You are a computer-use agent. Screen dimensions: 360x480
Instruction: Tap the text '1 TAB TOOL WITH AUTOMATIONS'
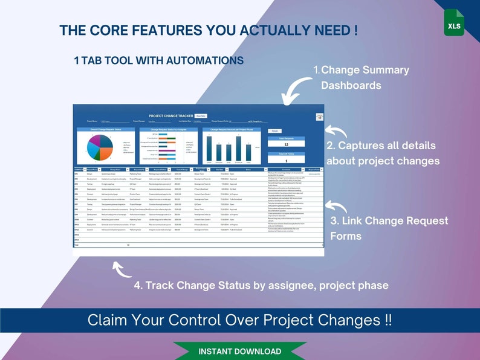[x=158, y=60]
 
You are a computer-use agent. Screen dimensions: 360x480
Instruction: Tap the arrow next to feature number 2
[x=332, y=129]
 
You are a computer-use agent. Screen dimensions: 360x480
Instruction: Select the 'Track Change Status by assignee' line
[x=261, y=285]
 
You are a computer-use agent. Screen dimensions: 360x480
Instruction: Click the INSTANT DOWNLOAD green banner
[x=239, y=351]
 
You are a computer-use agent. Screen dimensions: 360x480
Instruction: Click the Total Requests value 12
[x=287, y=144]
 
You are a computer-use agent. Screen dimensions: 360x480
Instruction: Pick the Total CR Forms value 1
[x=287, y=161]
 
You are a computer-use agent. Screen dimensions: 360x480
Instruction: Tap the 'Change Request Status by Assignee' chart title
[x=166, y=129]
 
